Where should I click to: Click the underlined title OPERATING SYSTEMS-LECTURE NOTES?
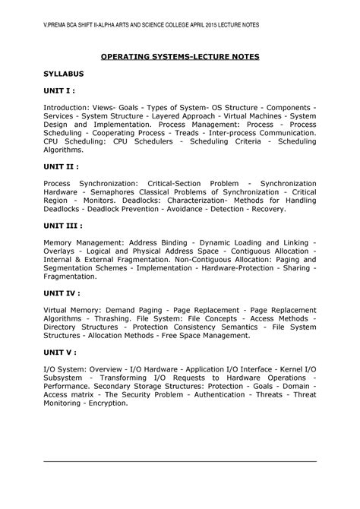click(180, 56)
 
